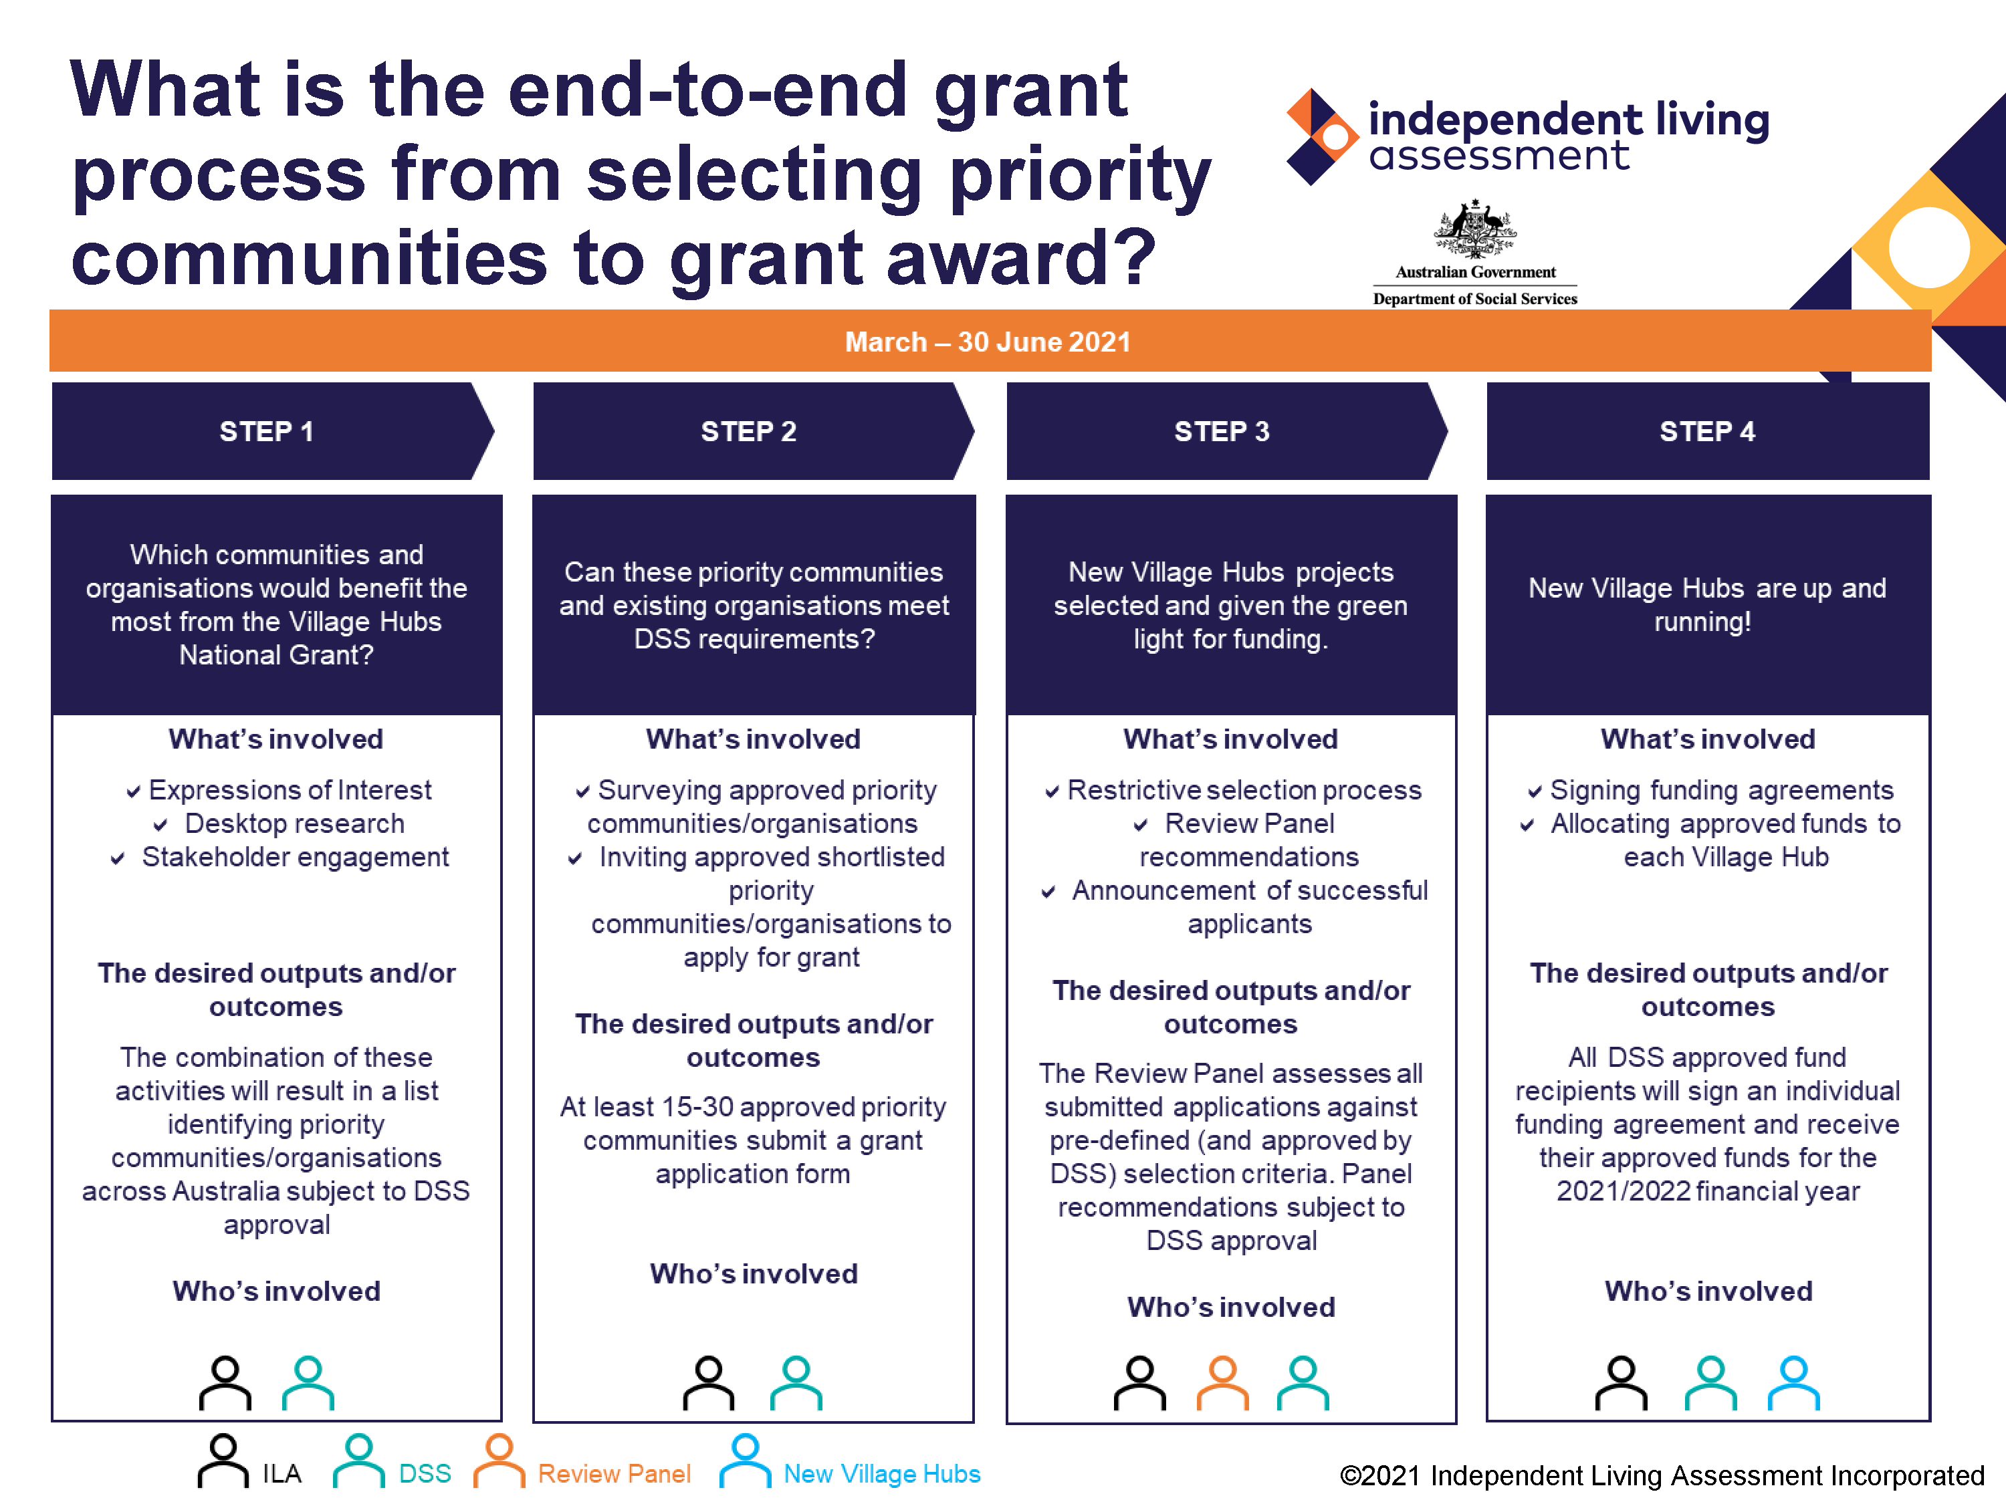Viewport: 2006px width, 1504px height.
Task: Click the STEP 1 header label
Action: coord(267,432)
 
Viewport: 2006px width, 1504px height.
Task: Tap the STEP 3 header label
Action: coord(1222,432)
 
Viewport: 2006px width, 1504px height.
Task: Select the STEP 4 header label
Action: coord(1706,432)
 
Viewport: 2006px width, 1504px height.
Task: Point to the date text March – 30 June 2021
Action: coord(988,342)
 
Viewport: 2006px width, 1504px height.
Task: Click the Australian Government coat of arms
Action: coord(1474,229)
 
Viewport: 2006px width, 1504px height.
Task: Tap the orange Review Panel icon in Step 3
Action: coord(1222,1382)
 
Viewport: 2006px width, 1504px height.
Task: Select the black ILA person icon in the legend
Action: coord(223,1461)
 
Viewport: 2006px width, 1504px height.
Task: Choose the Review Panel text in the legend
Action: coord(614,1474)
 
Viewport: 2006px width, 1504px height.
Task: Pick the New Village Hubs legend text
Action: coord(881,1474)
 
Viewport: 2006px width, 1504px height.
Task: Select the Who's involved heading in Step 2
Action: coord(754,1274)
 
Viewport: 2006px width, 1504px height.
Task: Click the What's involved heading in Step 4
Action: coord(1708,739)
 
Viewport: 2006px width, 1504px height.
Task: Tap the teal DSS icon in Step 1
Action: coord(308,1382)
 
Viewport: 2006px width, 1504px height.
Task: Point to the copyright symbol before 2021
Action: coord(1350,1476)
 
